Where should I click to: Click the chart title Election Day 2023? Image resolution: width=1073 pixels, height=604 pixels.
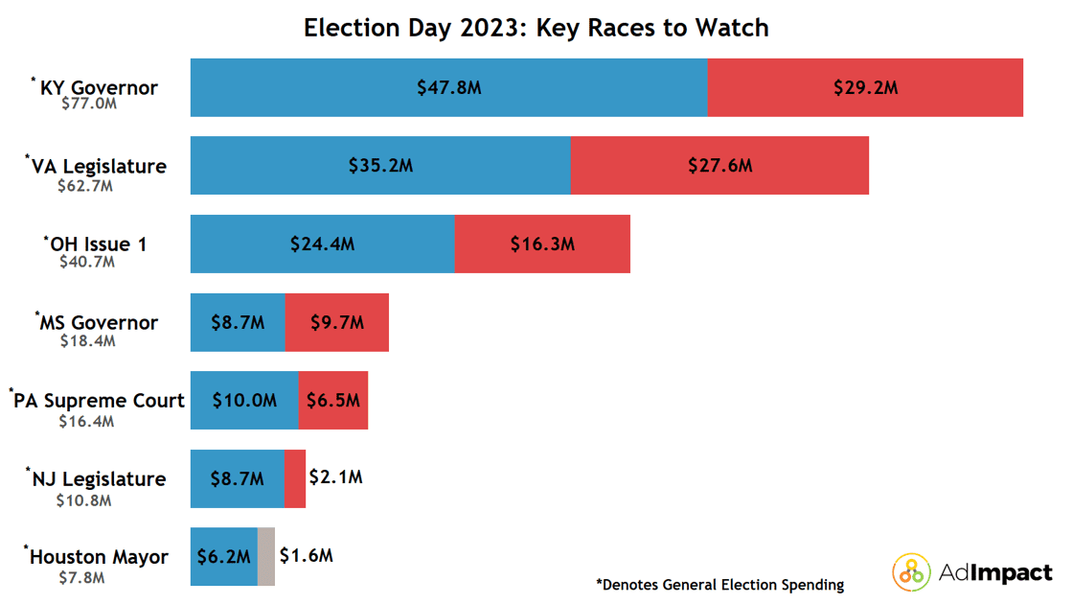pos(536,28)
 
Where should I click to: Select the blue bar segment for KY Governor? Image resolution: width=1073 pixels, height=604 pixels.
pos(448,87)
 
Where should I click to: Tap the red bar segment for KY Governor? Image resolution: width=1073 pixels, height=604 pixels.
pos(865,87)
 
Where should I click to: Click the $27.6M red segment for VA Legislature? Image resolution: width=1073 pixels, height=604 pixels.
pos(719,166)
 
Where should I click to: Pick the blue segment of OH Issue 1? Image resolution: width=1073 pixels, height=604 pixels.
pos(322,244)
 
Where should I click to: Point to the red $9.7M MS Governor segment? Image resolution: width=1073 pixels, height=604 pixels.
pos(336,322)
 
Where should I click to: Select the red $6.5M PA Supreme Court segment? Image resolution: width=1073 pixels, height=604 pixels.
pos(332,401)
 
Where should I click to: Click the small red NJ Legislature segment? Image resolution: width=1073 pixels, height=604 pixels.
pos(295,478)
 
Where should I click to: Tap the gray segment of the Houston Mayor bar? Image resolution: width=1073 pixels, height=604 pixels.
pos(266,557)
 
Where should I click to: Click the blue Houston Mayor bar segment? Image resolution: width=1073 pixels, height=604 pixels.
pos(223,557)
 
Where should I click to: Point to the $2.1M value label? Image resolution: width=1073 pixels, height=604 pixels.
pos(335,477)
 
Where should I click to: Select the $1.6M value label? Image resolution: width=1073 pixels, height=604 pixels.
pos(306,556)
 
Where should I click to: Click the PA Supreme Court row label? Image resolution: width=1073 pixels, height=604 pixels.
pos(97,401)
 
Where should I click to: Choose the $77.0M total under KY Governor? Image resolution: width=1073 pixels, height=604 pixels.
pos(88,104)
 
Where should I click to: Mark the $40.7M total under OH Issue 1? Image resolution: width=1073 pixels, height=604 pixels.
pos(86,261)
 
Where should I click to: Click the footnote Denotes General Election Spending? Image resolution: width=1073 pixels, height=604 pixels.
pos(719,584)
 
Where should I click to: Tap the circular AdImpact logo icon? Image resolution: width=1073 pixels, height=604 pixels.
pos(911,572)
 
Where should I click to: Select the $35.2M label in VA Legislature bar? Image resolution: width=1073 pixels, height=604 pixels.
pos(380,166)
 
